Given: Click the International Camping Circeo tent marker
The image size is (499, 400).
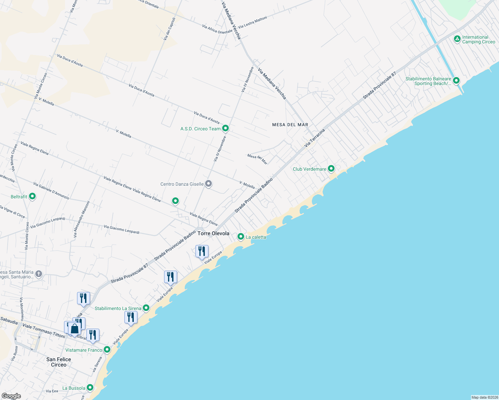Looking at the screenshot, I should (x=457, y=39).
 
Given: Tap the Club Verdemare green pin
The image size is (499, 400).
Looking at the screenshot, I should (x=331, y=169).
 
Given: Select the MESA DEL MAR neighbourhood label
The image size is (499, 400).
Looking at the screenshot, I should (x=290, y=125).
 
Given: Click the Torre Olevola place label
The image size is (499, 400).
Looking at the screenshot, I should (x=213, y=233).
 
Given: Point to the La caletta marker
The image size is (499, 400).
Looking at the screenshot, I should (x=241, y=237).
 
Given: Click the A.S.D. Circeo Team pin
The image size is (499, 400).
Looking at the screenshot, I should (x=225, y=128).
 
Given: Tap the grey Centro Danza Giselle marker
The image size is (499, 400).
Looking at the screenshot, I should (x=208, y=184).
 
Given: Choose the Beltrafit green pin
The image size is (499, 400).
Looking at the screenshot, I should (x=32, y=196).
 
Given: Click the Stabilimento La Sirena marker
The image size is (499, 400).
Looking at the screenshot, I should (x=146, y=308).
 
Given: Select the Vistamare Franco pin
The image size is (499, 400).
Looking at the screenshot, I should (x=107, y=350).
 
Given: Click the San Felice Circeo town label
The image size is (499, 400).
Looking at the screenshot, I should (x=59, y=362).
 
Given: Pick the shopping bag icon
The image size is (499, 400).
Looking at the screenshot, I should (x=75, y=329).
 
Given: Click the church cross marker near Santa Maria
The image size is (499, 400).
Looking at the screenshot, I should (x=39, y=274).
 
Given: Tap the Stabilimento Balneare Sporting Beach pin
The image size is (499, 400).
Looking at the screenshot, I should (x=456, y=81).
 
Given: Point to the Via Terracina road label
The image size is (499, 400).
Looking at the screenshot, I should (x=315, y=138).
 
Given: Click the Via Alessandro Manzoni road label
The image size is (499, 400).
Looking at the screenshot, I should (x=77, y=219).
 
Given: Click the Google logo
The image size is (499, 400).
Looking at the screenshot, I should (x=11, y=396).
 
